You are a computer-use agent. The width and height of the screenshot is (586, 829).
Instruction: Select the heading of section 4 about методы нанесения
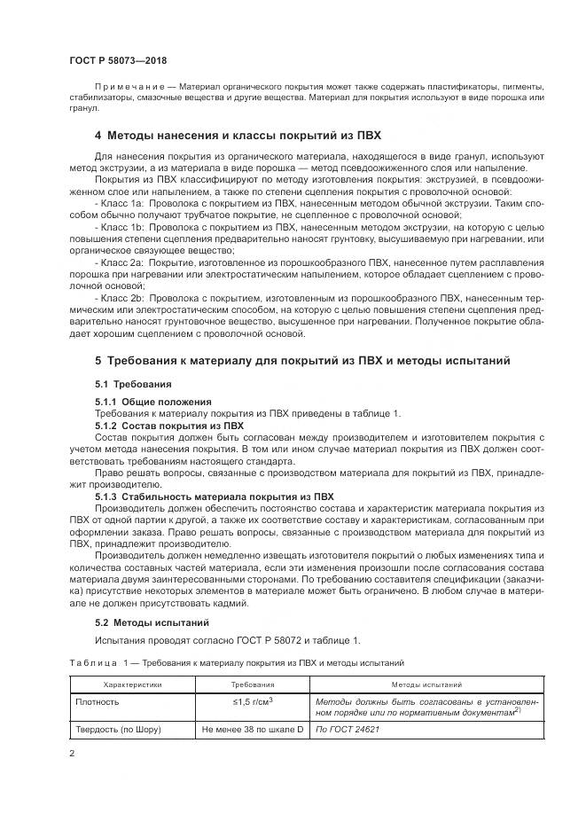point(238,136)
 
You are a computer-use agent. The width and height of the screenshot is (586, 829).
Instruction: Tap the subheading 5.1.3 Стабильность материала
point(214,497)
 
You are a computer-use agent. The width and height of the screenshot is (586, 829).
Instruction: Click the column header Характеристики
point(133,684)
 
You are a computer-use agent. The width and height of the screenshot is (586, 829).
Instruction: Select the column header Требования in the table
point(253,684)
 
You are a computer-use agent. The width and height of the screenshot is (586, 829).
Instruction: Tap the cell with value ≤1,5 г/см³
point(253,701)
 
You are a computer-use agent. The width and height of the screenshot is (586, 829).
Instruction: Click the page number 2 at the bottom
point(72,754)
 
